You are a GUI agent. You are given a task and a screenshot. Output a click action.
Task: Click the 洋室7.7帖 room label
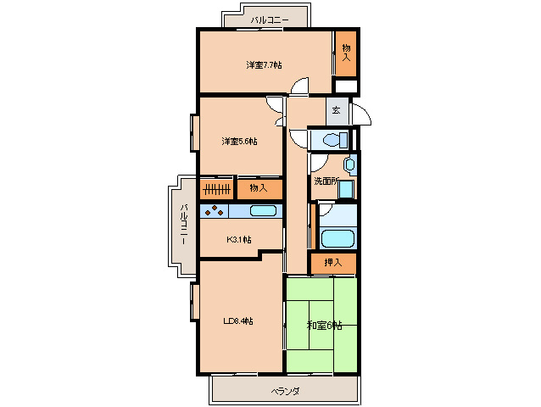click(x=264, y=64)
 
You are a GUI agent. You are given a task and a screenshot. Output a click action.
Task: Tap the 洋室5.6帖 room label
click(x=239, y=141)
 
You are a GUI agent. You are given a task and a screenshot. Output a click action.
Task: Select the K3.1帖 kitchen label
click(x=239, y=239)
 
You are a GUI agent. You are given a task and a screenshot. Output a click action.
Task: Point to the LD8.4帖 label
click(x=238, y=321)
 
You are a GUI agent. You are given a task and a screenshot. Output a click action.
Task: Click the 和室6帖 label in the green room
click(x=325, y=326)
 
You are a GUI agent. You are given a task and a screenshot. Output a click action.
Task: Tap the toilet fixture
click(x=335, y=140)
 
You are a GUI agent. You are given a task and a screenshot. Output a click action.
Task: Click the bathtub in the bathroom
click(x=337, y=238)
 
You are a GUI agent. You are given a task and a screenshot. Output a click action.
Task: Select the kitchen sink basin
click(x=263, y=211)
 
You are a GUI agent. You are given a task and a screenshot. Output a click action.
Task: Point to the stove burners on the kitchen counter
click(x=215, y=211)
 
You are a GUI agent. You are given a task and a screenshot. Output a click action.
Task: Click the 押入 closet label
click(x=333, y=263)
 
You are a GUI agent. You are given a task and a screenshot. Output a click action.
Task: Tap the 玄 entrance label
click(x=336, y=110)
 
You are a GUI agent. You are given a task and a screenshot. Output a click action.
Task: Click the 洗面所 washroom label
click(x=326, y=181)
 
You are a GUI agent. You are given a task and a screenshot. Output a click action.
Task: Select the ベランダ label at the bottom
click(x=285, y=392)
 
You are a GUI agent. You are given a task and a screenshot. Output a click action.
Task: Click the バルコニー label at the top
click(x=270, y=20)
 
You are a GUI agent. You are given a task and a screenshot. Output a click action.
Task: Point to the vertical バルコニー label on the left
click(x=184, y=225)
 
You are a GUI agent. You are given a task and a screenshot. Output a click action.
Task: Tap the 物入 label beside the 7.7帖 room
click(x=346, y=53)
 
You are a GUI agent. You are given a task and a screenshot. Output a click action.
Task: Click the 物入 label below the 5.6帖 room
click(x=259, y=188)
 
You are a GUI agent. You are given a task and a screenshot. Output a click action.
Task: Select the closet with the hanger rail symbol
click(x=217, y=189)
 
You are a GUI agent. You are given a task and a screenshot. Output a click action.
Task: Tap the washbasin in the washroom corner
click(x=349, y=164)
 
